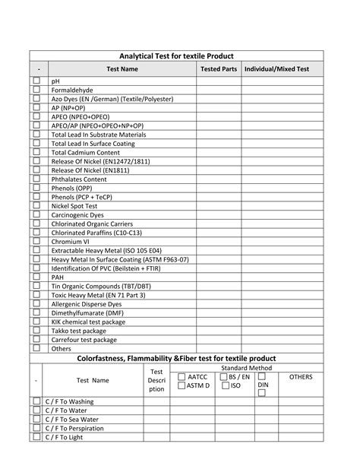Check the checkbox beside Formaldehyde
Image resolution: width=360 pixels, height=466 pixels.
coord(36,90)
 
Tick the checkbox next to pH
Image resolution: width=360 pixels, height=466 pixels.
coord(36,81)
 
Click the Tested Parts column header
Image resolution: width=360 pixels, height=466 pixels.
coord(218,69)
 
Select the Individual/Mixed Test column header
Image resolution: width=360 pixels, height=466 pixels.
coord(282,69)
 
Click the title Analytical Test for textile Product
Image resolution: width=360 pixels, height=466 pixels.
coord(176,56)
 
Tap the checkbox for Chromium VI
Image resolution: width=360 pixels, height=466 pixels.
coord(36,242)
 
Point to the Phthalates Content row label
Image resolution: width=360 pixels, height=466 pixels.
coord(78,179)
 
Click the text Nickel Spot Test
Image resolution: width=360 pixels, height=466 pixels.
coord(74,206)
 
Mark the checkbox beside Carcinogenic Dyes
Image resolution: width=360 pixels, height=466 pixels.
coord(36,215)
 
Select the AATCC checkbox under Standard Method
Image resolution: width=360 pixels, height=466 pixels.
coord(182,376)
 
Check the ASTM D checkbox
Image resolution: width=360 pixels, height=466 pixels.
coord(182,386)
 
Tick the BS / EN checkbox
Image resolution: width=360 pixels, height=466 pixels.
coord(225,376)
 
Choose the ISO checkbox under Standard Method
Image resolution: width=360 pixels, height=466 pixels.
coord(225,386)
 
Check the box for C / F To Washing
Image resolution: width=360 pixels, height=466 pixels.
coord(36,401)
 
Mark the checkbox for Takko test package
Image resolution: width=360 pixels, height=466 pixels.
coord(36,331)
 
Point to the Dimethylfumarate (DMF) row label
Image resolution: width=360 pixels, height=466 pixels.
coord(87,313)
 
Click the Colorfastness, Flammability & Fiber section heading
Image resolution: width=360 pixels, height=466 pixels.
coord(177,358)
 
